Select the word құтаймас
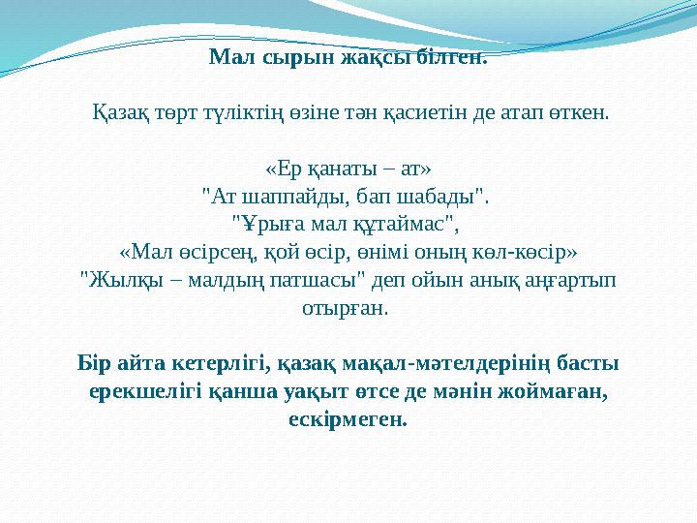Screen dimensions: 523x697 coord(404,226)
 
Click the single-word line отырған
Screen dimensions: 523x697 coord(348,310)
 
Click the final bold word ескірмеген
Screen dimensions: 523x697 coord(348,421)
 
